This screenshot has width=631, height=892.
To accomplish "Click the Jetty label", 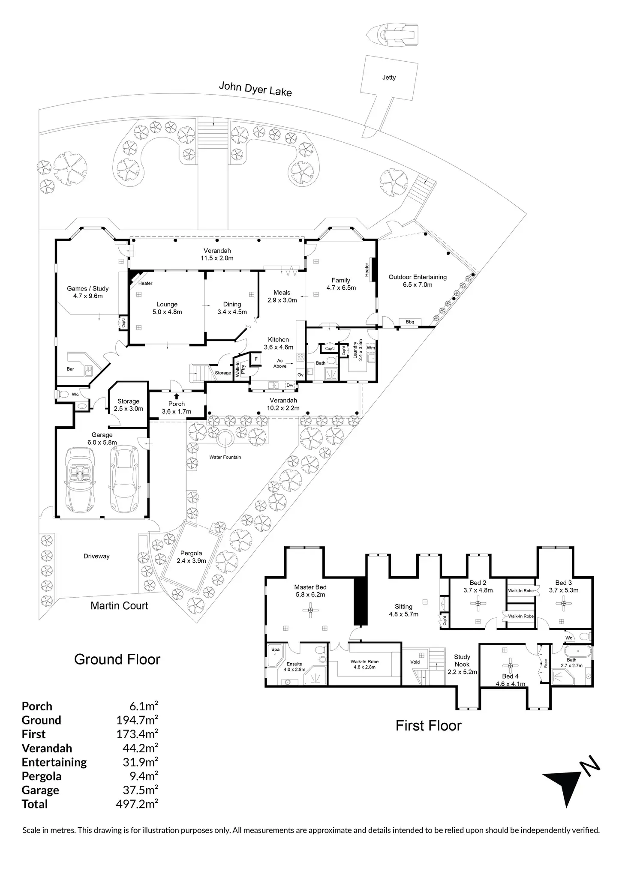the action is [389, 78].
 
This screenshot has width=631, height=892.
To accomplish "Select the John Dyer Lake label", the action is [255, 89].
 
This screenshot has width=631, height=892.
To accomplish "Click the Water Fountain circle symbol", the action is [224, 439].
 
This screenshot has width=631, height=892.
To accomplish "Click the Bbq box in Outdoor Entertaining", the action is [410, 322].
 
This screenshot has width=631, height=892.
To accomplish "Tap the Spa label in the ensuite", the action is [275, 650].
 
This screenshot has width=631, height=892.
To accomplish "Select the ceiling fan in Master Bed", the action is [310, 610].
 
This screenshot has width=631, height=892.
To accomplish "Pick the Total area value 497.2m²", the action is [137, 804].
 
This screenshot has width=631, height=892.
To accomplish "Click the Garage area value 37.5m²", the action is [137, 790].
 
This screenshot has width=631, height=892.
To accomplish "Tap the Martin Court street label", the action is [119, 606].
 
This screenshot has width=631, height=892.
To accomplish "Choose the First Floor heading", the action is [428, 726].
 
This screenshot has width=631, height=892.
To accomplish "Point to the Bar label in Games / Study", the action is [70, 369].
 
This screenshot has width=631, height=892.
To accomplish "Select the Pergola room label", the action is [191, 553].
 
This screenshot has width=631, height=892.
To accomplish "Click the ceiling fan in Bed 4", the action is [510, 666].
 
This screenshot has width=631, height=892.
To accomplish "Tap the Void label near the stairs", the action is [415, 662].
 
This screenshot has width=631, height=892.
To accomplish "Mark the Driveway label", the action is [96, 557].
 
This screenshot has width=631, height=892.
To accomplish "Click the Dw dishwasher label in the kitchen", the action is [290, 385].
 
